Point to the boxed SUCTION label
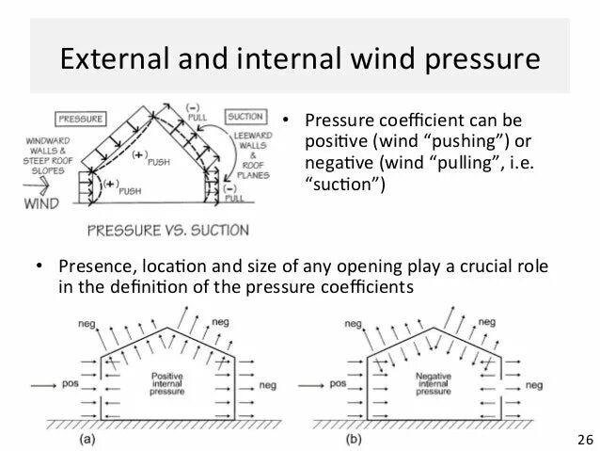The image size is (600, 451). click(245, 120)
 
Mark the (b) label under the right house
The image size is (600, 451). click(350, 439)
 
